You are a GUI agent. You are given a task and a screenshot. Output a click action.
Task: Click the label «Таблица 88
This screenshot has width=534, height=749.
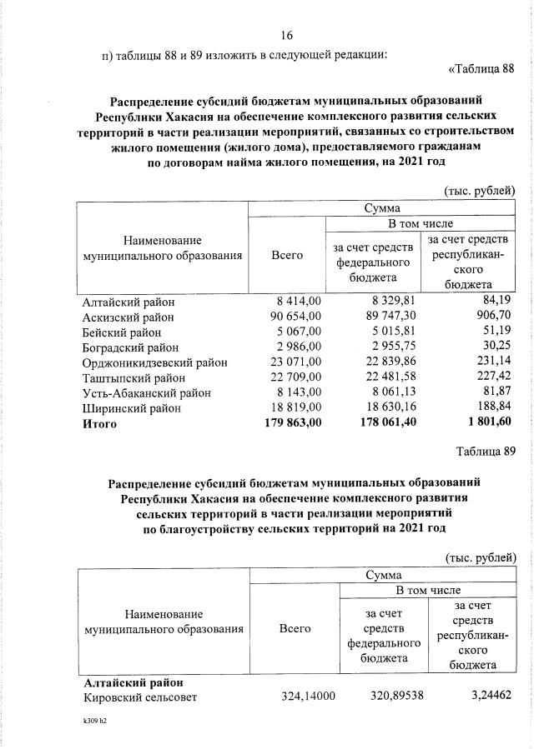(484, 68)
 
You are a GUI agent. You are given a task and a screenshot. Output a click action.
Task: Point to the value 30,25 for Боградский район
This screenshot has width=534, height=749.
(495, 347)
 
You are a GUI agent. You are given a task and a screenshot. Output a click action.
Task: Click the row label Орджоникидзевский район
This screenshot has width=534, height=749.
(153, 363)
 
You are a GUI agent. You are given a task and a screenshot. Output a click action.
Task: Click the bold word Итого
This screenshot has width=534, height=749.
(100, 424)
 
